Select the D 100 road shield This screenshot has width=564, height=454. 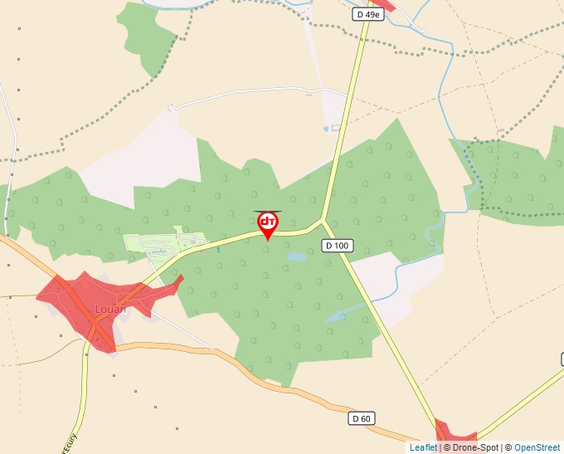pos(337,246)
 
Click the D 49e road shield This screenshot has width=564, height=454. pos(367,14)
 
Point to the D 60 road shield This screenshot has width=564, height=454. pos(361,418)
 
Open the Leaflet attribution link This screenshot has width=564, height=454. pos(423,447)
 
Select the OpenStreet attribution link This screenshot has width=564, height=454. pos(537,447)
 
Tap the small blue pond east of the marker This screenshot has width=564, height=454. pos(296,257)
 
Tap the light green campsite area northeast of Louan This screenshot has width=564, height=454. pos(163,244)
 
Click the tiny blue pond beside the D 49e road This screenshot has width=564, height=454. pos(325,129)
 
